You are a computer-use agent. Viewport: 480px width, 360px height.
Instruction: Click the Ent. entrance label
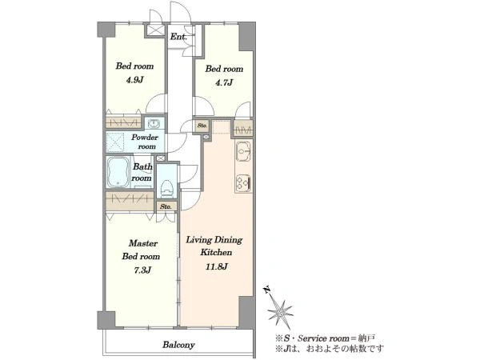coord(178,37)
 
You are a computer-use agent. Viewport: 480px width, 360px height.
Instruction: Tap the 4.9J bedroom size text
coord(134,80)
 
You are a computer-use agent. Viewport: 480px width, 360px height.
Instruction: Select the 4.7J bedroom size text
coord(224,82)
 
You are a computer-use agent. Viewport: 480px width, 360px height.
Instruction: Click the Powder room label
coord(145,142)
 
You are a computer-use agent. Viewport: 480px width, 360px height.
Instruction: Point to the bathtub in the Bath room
coord(118,172)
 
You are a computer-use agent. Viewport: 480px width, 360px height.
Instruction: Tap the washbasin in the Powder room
coord(154,124)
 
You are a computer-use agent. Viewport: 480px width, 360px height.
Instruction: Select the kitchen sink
coord(244,151)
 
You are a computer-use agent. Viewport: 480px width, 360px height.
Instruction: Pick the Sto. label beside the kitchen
coord(202,126)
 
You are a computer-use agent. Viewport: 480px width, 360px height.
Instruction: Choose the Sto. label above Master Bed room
coord(166,206)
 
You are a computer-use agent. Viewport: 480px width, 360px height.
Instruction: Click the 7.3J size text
coord(143,270)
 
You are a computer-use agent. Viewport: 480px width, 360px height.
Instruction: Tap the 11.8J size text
coord(217,266)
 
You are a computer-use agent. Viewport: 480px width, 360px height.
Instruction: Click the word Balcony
coord(178,345)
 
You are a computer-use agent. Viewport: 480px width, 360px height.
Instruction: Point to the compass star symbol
coord(280,312)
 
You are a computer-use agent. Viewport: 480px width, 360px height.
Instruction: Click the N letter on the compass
coord(267,290)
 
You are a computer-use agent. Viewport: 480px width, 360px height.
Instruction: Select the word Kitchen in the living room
coord(216,253)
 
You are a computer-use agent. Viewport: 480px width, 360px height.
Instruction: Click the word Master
coord(143,243)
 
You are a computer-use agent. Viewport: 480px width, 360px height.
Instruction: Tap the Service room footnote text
coord(325,338)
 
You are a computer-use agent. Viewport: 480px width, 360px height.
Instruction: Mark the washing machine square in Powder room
coord(114,142)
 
